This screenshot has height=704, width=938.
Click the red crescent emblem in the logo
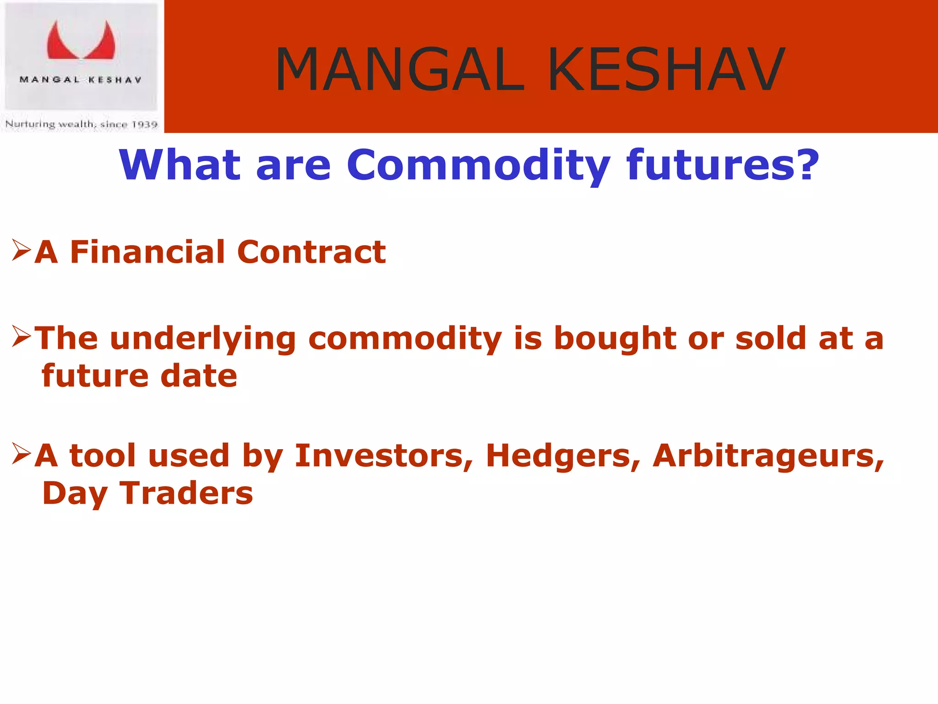pos(81,42)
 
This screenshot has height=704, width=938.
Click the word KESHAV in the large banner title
pos(666,70)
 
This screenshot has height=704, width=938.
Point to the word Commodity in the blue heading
pos(478,166)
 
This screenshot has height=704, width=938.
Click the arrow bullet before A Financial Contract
pos(22,250)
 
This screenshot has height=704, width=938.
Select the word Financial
pos(147,252)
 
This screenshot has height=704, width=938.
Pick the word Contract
pos(311,252)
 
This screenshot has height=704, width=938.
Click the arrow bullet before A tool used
pos(22,454)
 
